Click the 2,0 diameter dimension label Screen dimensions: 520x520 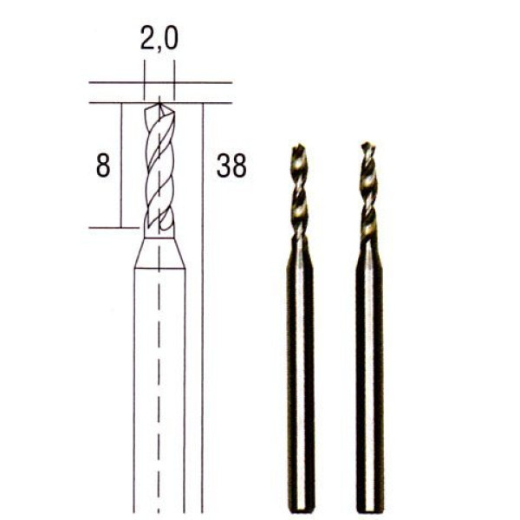tap(159, 39)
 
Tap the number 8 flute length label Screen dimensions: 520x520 tap(103, 166)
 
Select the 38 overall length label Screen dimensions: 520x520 tap(231, 166)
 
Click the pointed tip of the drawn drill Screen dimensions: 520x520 tap(159, 104)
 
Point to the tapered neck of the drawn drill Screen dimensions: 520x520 tap(159, 253)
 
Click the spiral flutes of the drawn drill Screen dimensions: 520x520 tap(159, 169)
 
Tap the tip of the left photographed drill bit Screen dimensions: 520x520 tap(299, 146)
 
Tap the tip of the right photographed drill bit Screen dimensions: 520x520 tap(366, 144)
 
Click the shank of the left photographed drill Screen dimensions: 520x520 tap(300, 378)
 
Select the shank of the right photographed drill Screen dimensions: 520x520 tap(370, 378)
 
